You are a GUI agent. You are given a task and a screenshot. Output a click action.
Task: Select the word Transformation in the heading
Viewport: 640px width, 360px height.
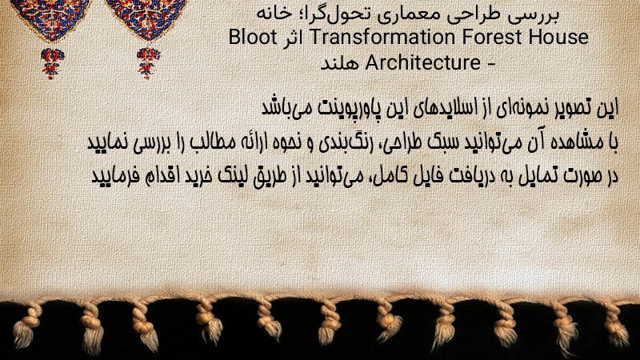382,38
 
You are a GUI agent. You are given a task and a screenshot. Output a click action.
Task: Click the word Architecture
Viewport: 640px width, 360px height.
423,63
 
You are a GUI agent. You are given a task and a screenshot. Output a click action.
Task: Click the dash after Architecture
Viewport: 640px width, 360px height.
490,64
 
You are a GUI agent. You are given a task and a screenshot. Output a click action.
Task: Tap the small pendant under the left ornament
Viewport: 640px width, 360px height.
52,63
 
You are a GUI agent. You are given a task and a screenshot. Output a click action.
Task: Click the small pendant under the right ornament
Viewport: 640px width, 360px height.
148,63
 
